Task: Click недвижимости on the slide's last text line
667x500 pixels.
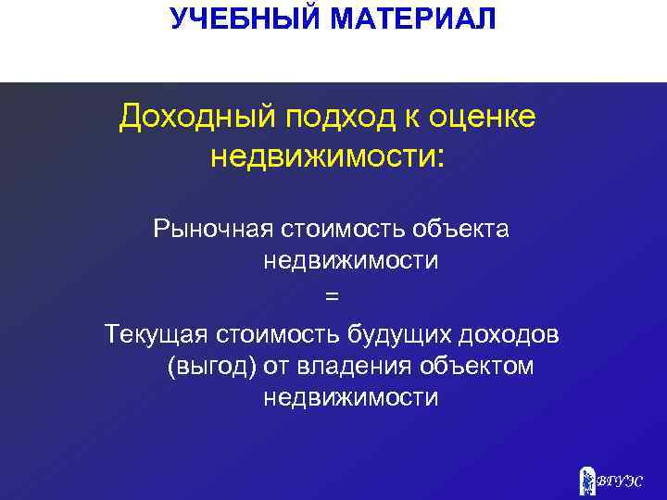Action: (351, 398)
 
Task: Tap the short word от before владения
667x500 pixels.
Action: (276, 366)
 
